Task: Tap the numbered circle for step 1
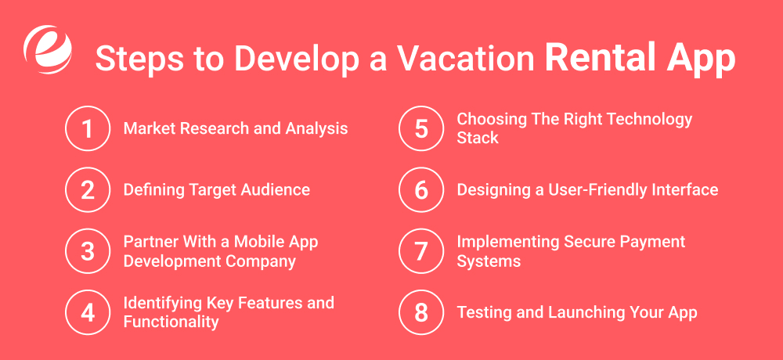click(x=88, y=128)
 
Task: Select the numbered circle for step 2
click(x=88, y=189)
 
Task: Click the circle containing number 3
click(x=88, y=251)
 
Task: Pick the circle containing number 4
click(x=88, y=312)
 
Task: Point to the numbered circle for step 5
click(x=421, y=128)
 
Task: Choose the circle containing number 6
click(x=421, y=189)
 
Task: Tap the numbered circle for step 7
click(x=421, y=251)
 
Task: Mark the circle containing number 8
click(x=421, y=312)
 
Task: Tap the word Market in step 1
click(x=148, y=128)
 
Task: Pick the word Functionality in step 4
click(x=171, y=322)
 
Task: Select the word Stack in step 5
click(x=478, y=138)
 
